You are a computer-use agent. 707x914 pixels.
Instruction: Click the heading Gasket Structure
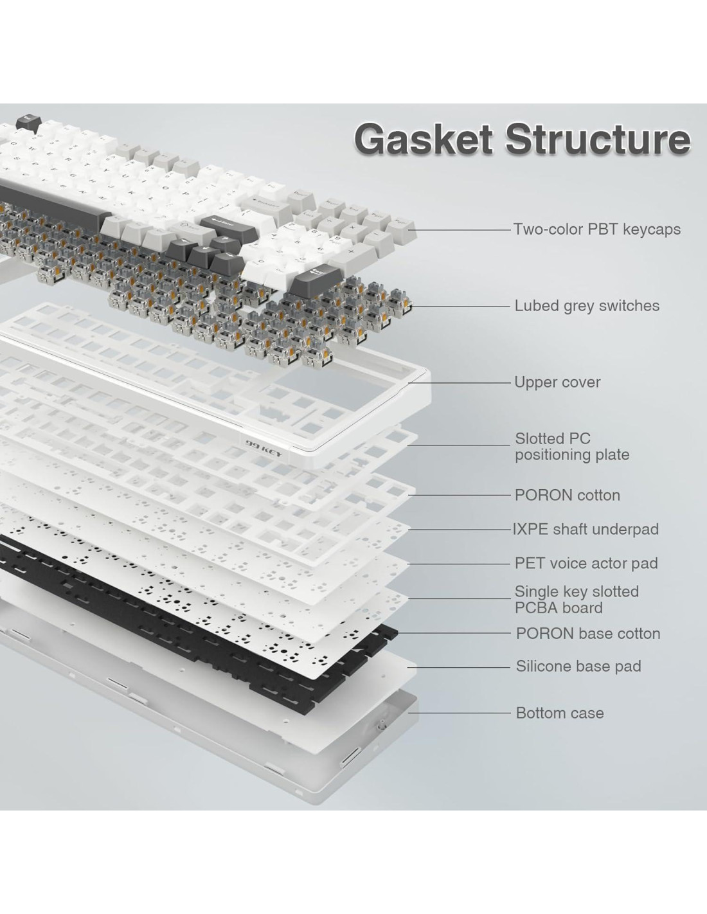522,139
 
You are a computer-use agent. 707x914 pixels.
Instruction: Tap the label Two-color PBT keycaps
596,229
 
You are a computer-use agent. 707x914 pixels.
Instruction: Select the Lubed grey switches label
586,305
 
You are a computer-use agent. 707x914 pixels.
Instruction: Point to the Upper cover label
557,382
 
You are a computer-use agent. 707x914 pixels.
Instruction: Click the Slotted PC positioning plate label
571,447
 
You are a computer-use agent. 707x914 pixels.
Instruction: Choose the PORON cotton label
567,495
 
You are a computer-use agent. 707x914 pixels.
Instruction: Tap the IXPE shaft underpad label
586,529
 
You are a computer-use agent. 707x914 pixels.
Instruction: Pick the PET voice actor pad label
586,563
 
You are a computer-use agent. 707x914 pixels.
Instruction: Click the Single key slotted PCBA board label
576,600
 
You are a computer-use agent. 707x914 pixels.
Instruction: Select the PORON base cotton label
587,633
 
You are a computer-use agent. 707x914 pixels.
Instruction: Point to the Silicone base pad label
578,666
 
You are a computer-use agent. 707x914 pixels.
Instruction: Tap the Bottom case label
559,713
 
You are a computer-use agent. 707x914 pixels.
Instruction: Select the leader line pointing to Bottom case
463,713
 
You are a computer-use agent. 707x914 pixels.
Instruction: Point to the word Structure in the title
598,139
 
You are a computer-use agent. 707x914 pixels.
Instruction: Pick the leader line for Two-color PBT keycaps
463,229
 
